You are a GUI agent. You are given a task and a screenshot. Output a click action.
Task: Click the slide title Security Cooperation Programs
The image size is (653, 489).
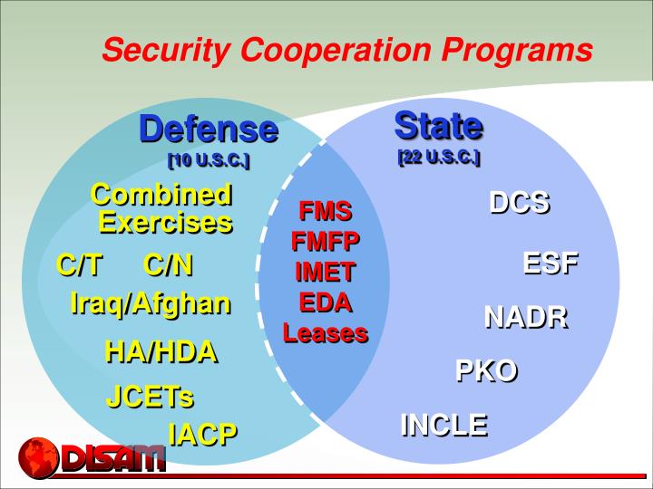coord(347,50)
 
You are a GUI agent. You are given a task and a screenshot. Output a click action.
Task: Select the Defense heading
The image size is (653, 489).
coord(208,129)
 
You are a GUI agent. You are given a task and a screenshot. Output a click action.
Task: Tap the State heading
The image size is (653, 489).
coord(438,124)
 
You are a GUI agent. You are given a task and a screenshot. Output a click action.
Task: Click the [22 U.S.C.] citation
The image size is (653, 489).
coord(438,157)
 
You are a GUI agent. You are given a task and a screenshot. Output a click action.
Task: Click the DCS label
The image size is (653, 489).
coord(519,202)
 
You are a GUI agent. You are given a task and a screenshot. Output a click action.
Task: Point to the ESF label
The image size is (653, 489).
coord(550,264)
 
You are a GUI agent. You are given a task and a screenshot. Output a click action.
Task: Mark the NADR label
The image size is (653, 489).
coord(525,317)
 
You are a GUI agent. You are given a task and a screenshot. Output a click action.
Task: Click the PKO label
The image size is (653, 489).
coord(485,370)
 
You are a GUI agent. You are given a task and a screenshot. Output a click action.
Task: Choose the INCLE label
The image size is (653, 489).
coord(443,424)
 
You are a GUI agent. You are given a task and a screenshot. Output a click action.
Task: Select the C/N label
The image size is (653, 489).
coord(168,265)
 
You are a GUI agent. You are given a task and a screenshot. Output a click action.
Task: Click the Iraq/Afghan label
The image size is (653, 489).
coord(150,303)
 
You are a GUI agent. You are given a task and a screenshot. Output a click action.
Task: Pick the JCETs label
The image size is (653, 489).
coord(150,397)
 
